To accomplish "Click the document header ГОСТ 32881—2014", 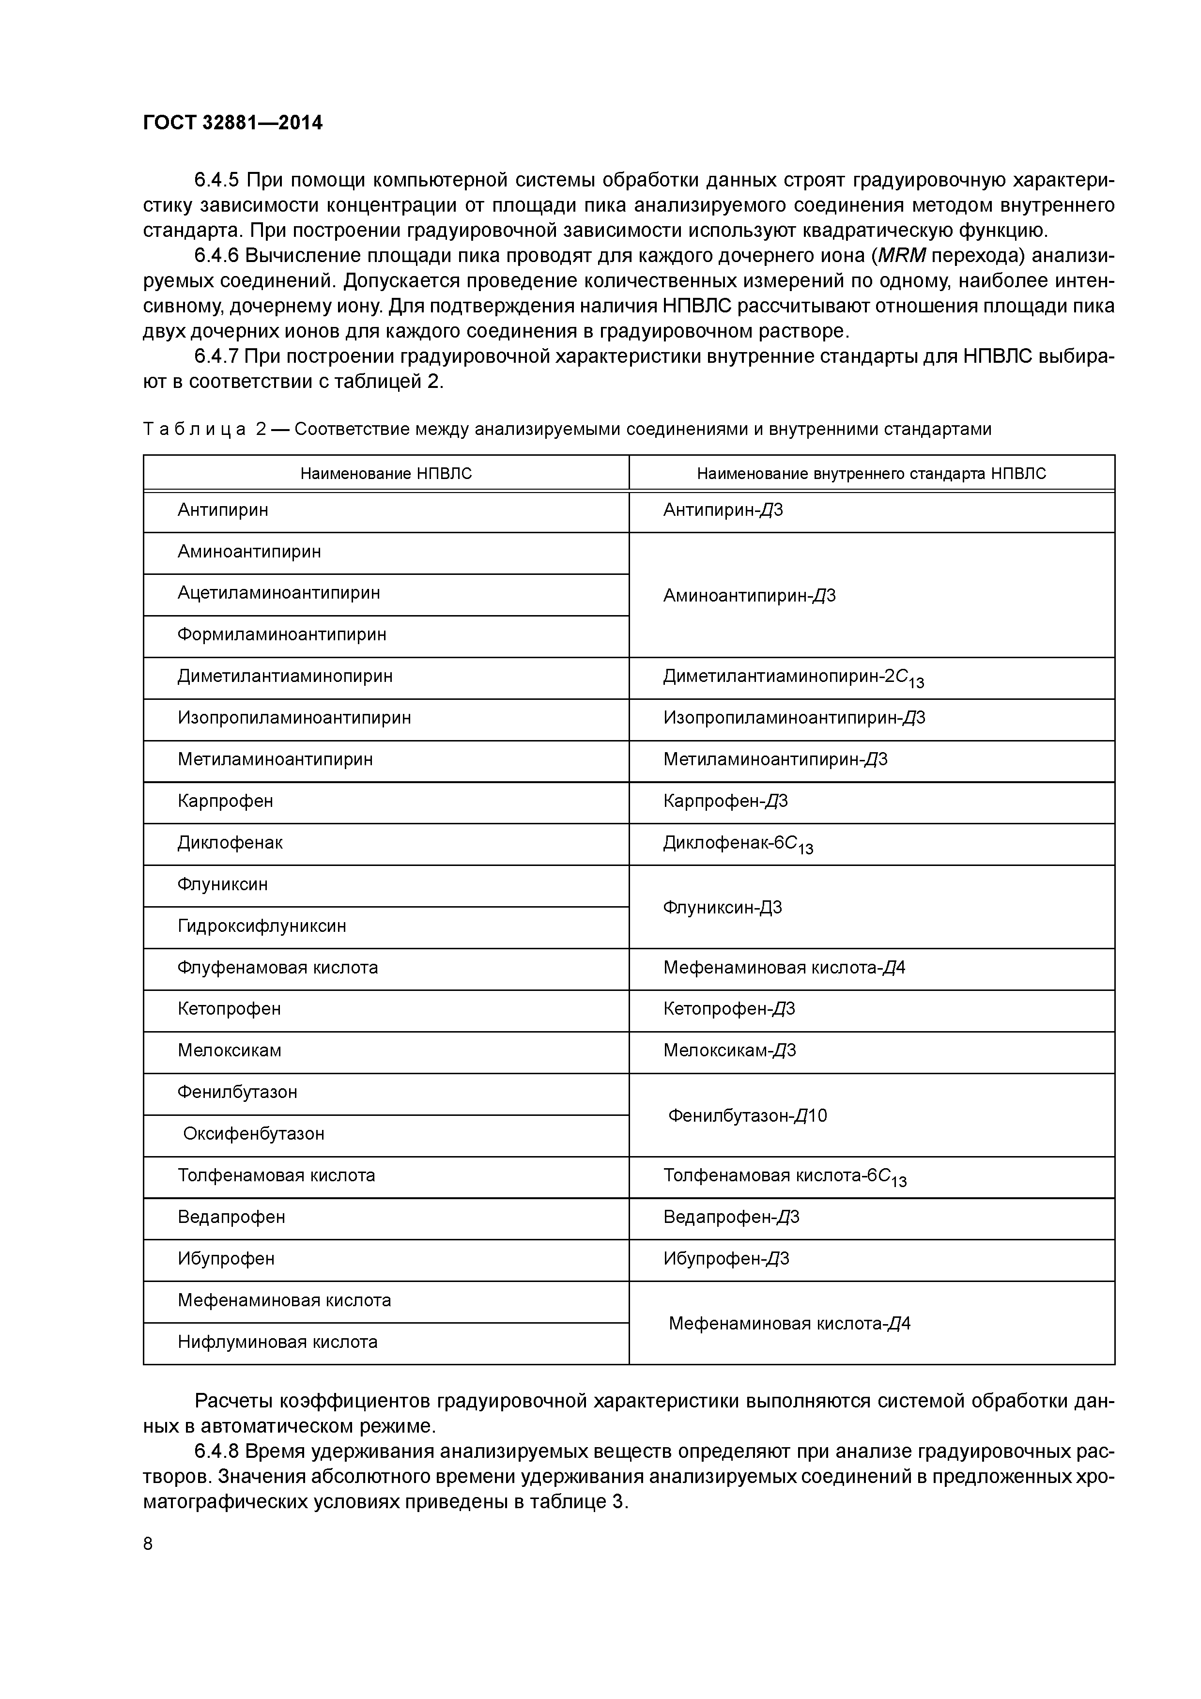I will (232, 123).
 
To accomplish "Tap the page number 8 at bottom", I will (148, 1544).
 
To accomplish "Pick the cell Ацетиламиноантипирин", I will (278, 593).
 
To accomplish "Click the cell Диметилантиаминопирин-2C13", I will (793, 677).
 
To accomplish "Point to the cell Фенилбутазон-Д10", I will (747, 1115).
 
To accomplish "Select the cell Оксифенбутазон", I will (253, 1134).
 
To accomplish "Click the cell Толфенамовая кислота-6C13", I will (785, 1176).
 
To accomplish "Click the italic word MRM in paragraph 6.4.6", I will (901, 256).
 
